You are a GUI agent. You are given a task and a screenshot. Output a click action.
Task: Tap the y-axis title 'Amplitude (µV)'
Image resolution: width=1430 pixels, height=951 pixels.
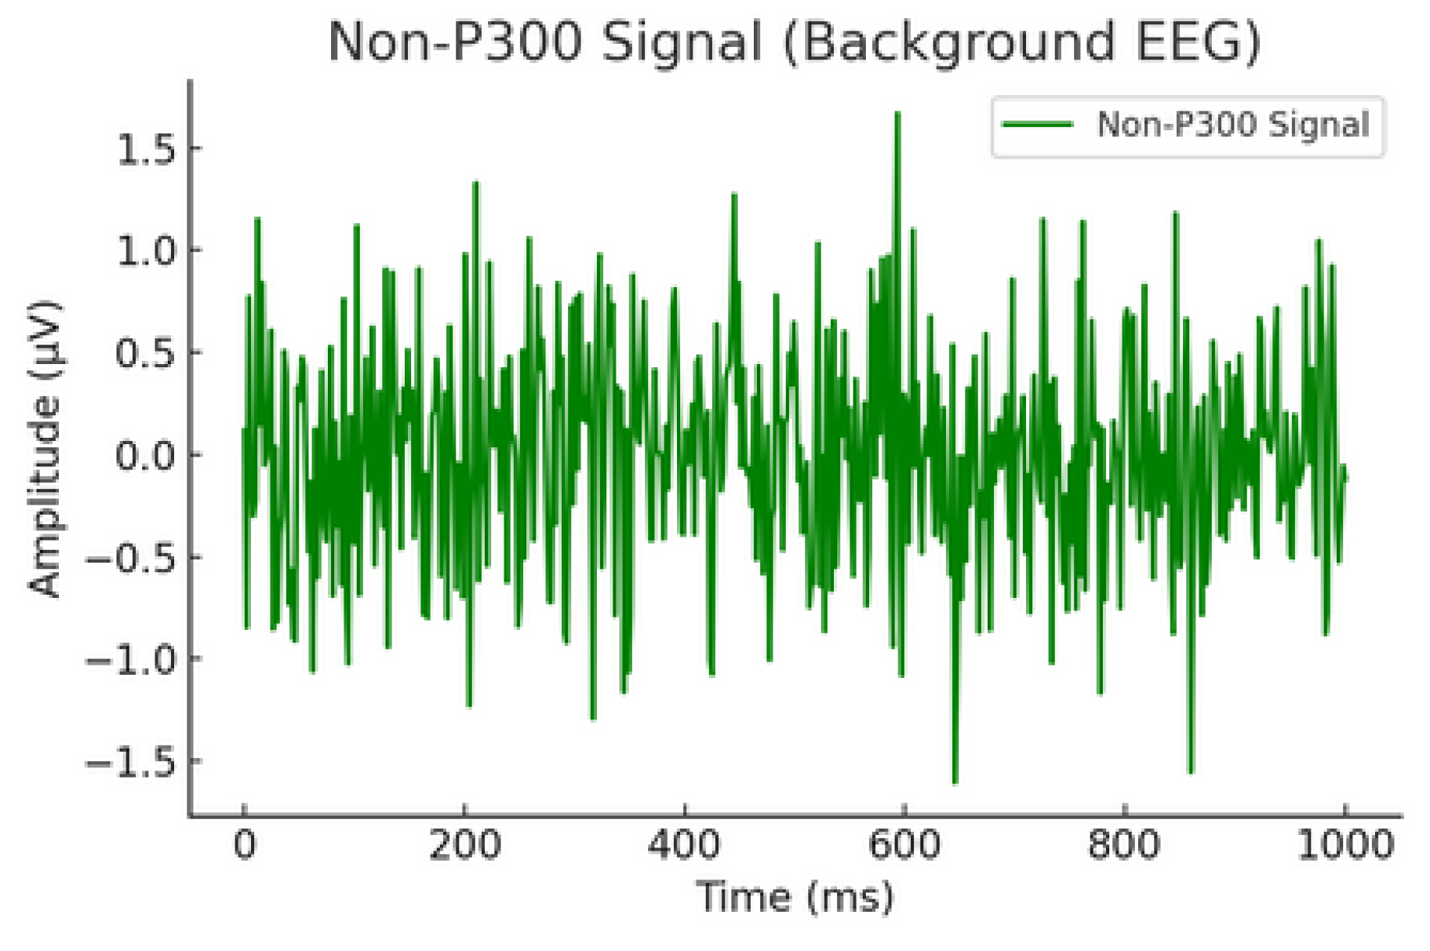click(x=44, y=449)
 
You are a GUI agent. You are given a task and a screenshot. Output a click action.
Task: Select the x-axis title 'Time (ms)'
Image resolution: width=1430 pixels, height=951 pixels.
click(x=795, y=897)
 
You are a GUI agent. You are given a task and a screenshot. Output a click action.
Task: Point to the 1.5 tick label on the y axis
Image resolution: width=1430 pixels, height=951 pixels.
click(x=147, y=148)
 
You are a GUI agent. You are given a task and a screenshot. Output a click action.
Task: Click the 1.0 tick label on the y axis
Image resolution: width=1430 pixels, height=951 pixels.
click(x=147, y=250)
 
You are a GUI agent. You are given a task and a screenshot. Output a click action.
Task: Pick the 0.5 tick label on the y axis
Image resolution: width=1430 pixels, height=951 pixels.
click(x=147, y=352)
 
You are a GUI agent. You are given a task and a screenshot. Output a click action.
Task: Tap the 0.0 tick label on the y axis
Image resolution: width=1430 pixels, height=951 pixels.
click(x=147, y=454)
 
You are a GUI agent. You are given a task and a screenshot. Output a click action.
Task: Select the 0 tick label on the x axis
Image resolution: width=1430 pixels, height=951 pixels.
click(x=245, y=845)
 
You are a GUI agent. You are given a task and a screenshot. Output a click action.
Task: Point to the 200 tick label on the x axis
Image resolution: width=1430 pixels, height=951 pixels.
click(x=464, y=845)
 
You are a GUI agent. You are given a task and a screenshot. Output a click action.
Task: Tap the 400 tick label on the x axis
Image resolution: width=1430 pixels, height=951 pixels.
click(x=685, y=845)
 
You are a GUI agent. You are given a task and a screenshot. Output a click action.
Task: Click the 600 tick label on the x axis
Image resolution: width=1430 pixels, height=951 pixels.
click(x=904, y=845)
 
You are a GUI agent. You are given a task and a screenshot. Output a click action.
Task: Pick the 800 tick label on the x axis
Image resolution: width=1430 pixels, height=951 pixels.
click(x=1125, y=845)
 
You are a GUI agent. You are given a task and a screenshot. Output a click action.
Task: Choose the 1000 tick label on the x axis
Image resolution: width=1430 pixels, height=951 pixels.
click(x=1344, y=845)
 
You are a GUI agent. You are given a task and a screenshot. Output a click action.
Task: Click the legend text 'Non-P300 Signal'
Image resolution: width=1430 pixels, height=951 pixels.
click(x=1233, y=125)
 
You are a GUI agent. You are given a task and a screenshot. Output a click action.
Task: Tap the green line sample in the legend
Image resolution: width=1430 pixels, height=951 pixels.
click(x=1037, y=125)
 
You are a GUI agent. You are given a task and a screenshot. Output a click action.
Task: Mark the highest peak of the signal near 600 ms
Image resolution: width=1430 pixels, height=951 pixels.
click(x=897, y=114)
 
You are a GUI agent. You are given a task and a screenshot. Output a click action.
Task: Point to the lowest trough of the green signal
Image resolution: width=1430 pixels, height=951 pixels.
click(x=955, y=782)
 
